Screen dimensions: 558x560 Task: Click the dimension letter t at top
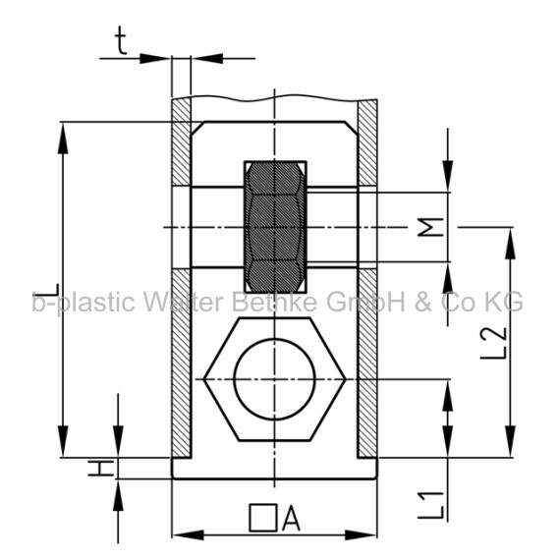tap(121, 41)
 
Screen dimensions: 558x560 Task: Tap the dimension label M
tap(430, 227)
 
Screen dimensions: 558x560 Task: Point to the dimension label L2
tap(493, 342)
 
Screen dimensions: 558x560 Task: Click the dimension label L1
tap(431, 505)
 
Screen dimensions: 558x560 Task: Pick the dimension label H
tap(101, 469)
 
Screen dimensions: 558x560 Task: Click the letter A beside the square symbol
tap(291, 518)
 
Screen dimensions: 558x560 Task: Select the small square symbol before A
tap(263, 518)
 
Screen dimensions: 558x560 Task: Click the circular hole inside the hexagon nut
tap(274, 379)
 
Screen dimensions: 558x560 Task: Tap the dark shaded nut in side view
tap(275, 227)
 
